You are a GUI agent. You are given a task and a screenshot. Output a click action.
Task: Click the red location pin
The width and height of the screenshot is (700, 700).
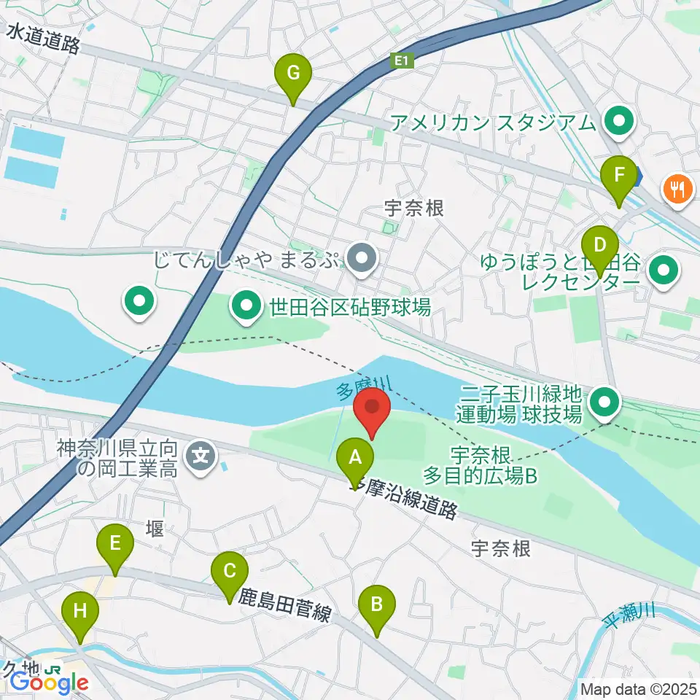tap(372, 410)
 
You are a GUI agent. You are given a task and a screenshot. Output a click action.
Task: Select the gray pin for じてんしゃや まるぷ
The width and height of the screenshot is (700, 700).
tap(362, 258)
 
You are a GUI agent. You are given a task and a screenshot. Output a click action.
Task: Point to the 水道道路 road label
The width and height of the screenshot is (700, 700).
tap(44, 39)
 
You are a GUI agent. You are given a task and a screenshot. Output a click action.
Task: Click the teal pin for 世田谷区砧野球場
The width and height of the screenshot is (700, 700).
tap(246, 306)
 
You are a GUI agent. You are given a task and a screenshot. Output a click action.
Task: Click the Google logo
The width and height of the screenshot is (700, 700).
tap(49, 682)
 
